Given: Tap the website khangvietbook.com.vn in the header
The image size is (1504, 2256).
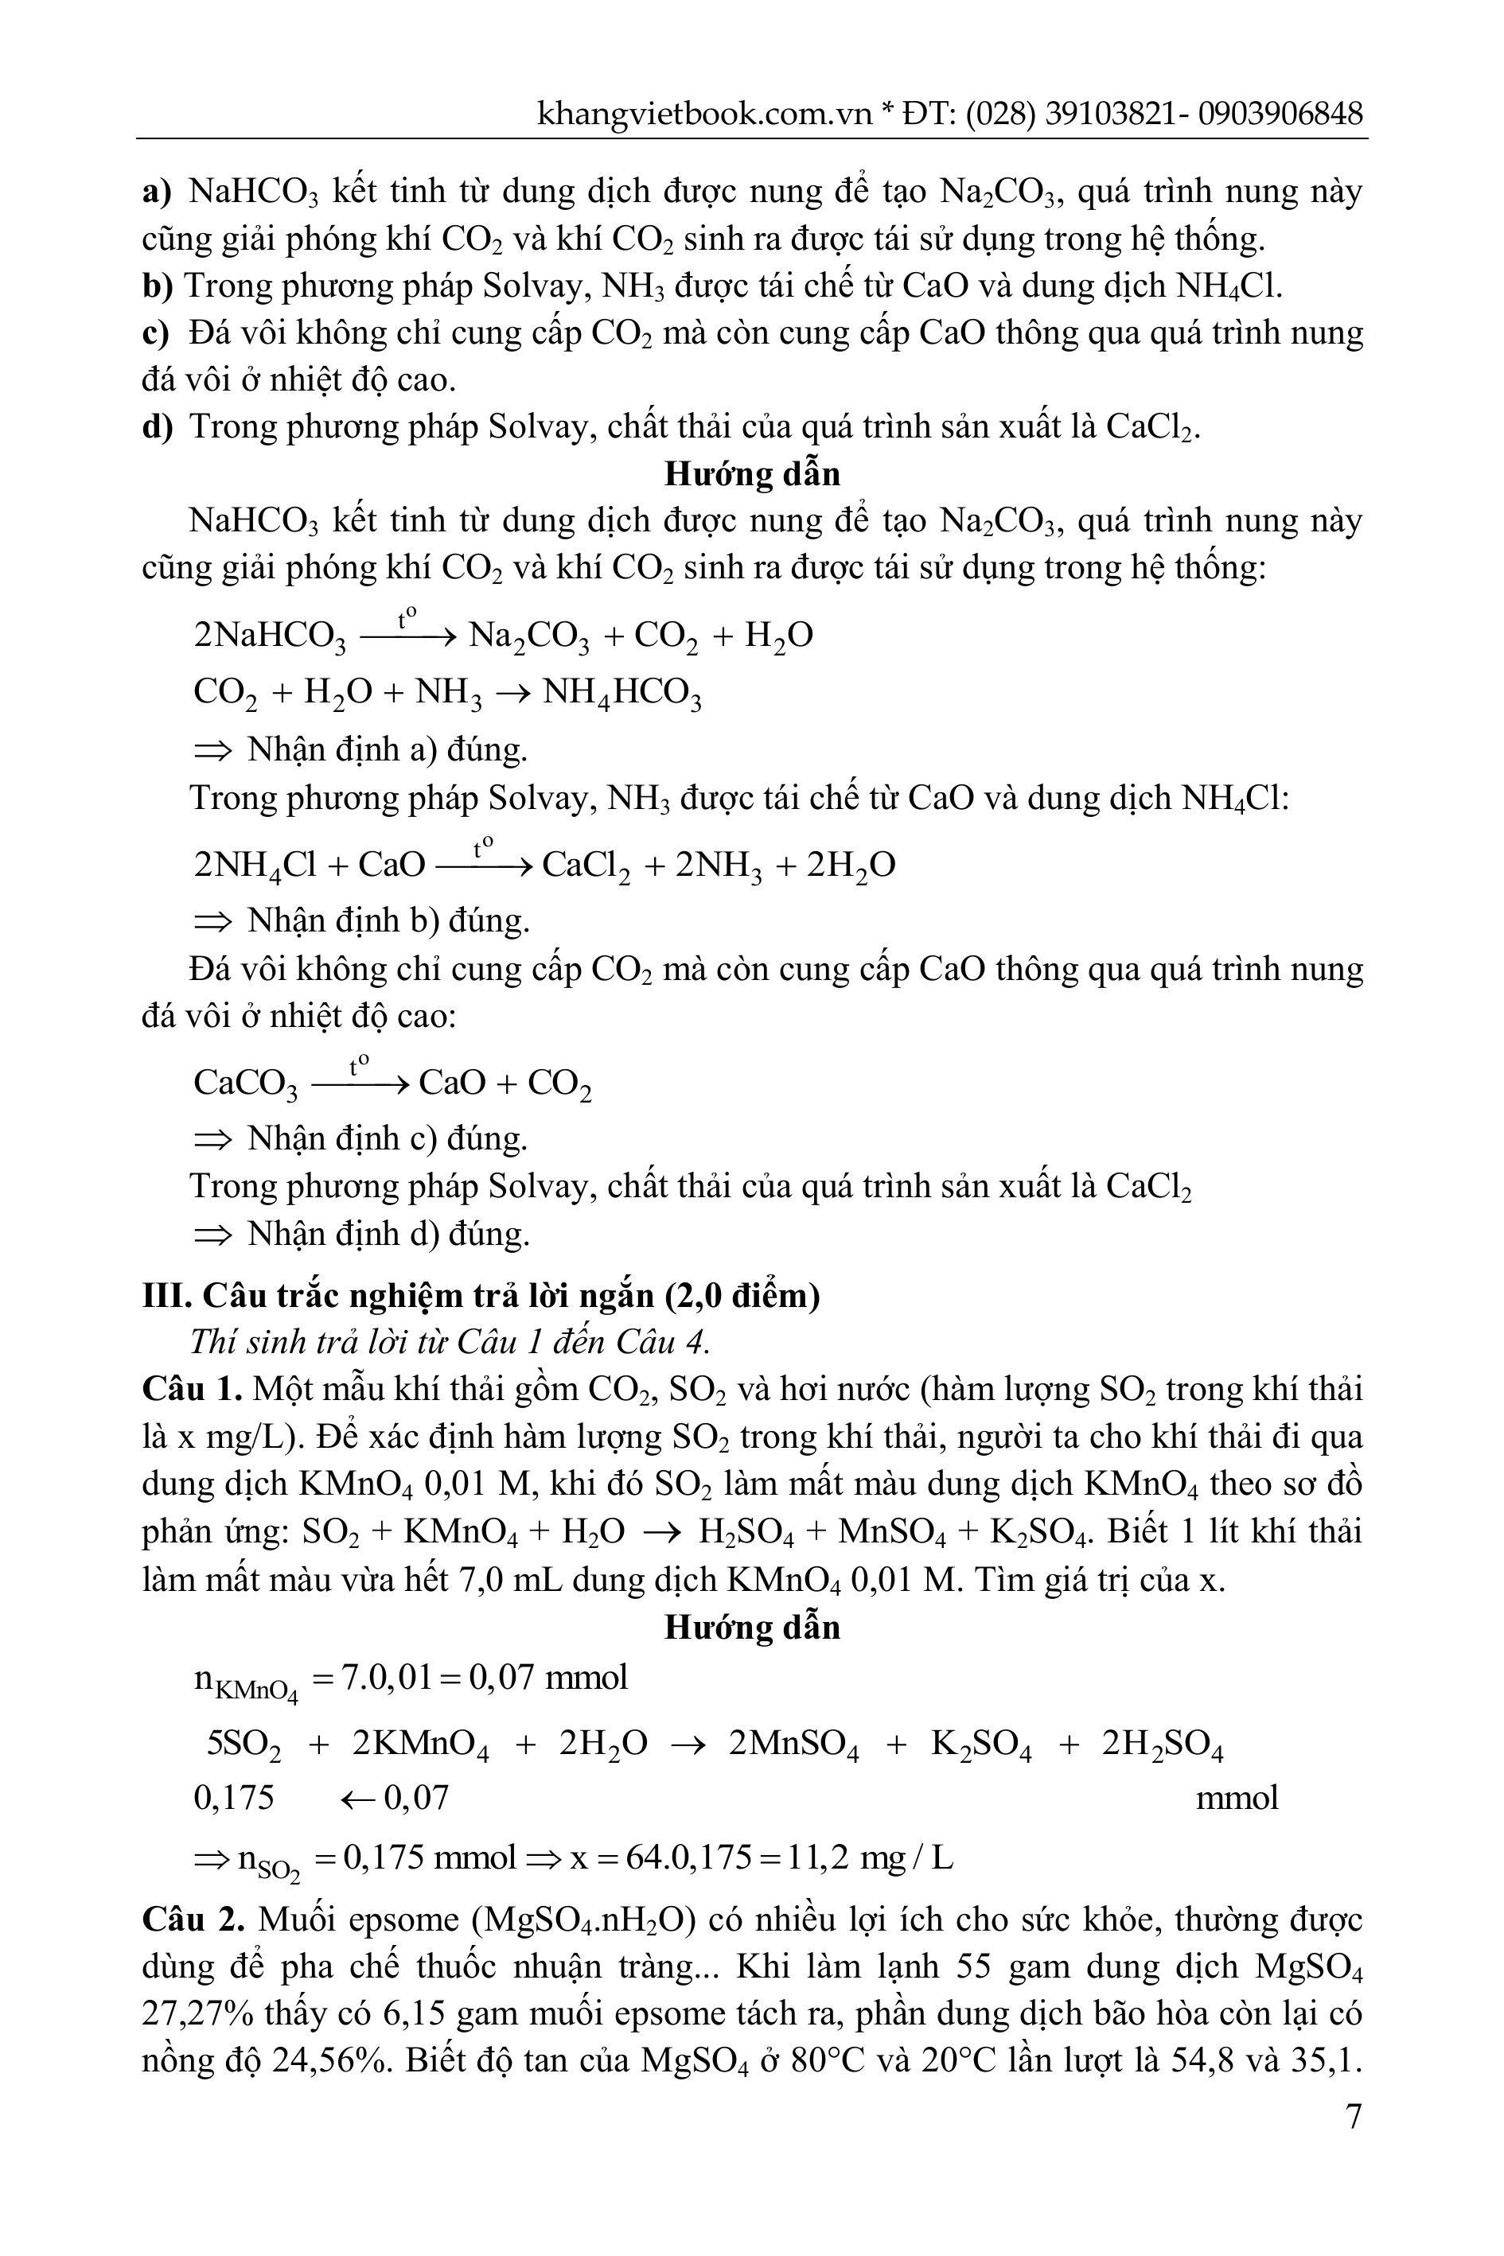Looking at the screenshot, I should tap(704, 114).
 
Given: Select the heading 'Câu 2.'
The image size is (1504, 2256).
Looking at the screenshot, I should tap(192, 1920).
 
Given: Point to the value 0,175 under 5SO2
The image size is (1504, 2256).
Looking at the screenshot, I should tap(233, 1797).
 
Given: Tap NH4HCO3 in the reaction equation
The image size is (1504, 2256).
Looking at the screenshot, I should tap(621, 692).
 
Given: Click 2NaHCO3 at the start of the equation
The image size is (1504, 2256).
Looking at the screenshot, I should tap(270, 636).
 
